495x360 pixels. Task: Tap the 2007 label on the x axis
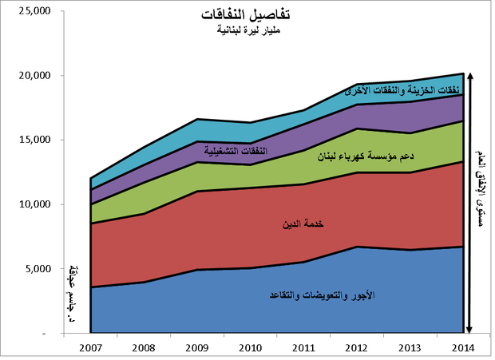pyautogui.click(x=90, y=348)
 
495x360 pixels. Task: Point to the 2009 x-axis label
pyautogui.click(x=197, y=348)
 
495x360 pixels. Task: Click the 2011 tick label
pyautogui.click(x=304, y=348)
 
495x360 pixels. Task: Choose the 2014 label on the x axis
pyautogui.click(x=465, y=348)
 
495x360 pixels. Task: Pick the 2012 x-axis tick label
pyautogui.click(x=358, y=348)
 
